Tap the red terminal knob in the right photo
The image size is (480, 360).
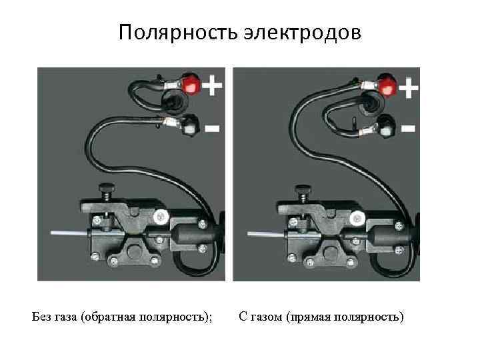coord(387,85)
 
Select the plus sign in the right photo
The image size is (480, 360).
coord(408,87)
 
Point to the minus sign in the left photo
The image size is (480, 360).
coord(211,128)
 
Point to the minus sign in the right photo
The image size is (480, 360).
coord(408,127)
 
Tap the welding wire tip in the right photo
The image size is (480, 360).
coord(249,233)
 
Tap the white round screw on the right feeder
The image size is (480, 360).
coord(357,217)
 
